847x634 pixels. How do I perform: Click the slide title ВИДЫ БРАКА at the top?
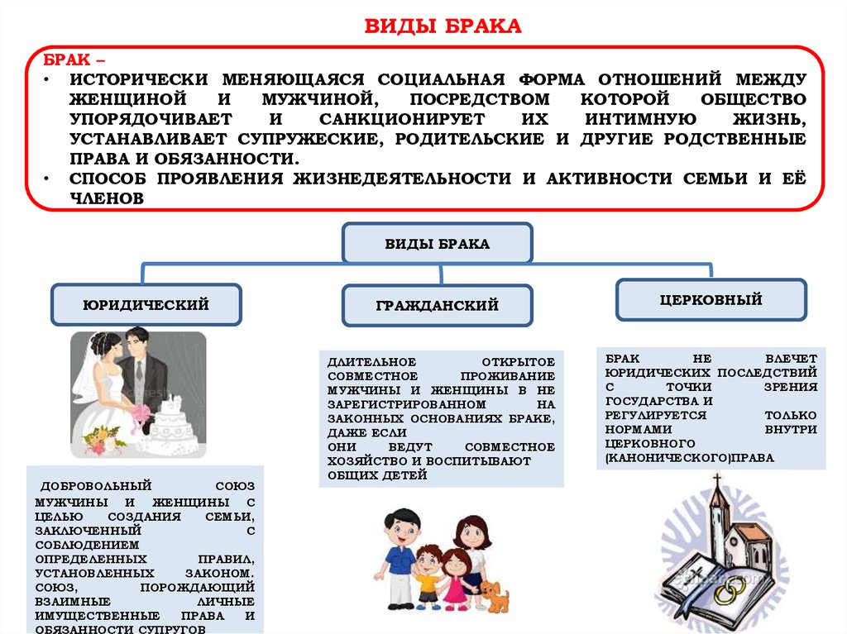pyautogui.click(x=443, y=26)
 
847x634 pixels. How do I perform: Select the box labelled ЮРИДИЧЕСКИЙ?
pyautogui.click(x=146, y=305)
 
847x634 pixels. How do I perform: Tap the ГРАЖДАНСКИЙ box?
pyautogui.click(x=438, y=306)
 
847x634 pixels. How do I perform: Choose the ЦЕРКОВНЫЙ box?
pyautogui.click(x=711, y=300)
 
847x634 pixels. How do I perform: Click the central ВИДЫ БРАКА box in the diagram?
pyautogui.click(x=438, y=244)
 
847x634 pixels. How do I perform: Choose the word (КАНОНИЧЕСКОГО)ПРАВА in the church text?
pyautogui.click(x=690, y=457)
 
